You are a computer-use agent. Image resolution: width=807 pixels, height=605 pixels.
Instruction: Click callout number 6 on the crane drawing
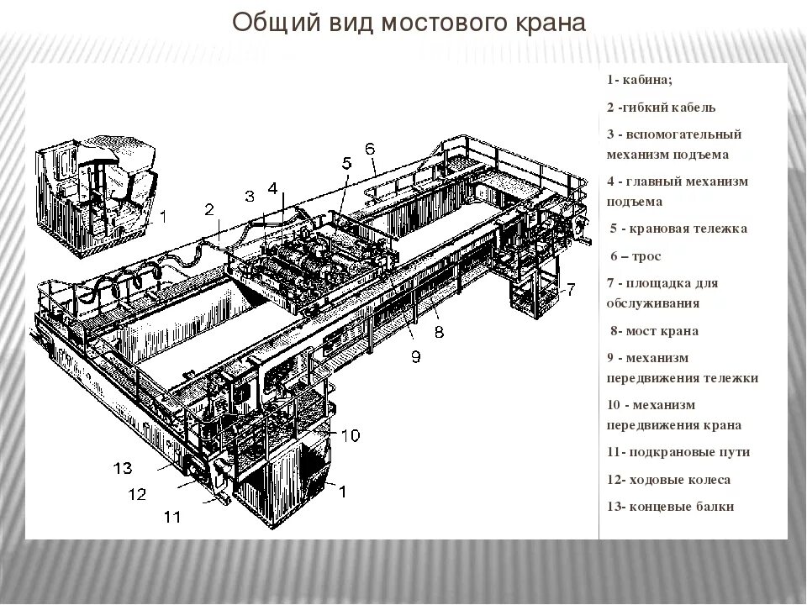point(370,149)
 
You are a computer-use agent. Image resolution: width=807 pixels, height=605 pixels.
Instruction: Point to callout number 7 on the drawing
point(570,290)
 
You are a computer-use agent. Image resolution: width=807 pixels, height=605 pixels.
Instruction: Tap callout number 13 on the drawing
point(122,467)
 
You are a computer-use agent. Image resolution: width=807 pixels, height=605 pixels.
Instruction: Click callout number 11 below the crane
point(171,518)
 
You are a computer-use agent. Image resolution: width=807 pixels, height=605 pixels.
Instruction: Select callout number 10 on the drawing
point(351,434)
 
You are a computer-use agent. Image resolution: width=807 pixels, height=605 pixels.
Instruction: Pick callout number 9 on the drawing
point(415,356)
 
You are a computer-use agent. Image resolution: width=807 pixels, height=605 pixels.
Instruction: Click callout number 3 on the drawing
point(249,197)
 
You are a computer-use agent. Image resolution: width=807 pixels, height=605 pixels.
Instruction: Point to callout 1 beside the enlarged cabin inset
point(165,216)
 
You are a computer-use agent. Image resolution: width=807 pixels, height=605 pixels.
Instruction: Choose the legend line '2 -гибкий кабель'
point(661,108)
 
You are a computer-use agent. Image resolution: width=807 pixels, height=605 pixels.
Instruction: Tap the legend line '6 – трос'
point(636,256)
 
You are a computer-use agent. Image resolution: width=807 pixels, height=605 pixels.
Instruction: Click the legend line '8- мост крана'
point(653,331)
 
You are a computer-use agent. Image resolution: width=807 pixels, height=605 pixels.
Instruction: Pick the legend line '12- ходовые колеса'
point(668,480)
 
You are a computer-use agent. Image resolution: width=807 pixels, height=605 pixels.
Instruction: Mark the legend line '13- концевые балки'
point(670,507)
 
